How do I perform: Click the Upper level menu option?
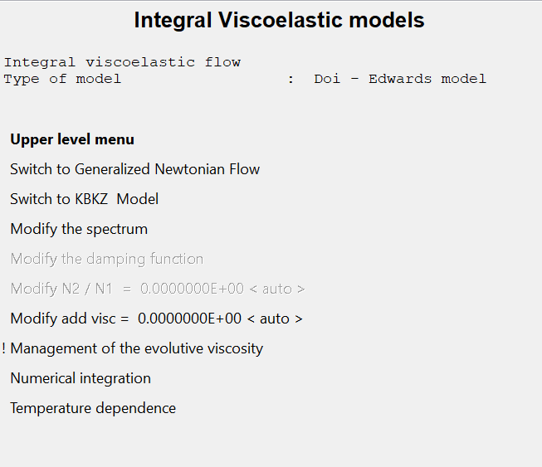72,139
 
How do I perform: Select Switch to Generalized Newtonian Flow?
134,169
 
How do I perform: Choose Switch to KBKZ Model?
85,199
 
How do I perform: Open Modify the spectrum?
79,229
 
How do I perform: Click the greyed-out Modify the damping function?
107,259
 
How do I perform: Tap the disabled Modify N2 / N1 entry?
158,289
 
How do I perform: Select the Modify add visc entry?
157,319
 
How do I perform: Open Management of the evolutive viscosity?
136,348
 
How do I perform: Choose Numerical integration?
81,378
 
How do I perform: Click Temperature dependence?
93,408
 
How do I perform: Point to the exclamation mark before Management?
3,348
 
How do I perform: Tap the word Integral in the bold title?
173,21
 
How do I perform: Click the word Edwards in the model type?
400,79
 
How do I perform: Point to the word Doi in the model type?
327,79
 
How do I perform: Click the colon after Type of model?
291,80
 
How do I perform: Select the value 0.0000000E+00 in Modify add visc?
189,319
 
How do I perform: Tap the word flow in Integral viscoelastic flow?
222,62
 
